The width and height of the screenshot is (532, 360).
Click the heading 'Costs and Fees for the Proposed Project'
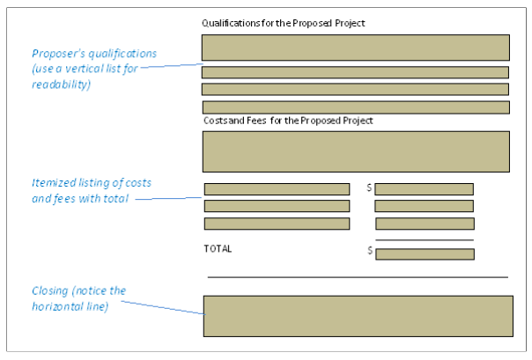[x=288, y=120]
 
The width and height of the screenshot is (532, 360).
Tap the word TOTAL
[x=218, y=249]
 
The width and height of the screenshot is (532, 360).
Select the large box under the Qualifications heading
[x=355, y=48]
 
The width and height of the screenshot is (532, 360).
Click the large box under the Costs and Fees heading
[x=355, y=151]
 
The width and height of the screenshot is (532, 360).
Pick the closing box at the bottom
[x=358, y=316]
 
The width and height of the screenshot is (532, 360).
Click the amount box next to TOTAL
[x=425, y=254]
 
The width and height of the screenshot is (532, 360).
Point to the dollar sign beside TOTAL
[x=369, y=251]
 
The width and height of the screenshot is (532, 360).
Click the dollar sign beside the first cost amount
[x=369, y=188]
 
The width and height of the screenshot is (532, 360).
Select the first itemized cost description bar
[x=277, y=189]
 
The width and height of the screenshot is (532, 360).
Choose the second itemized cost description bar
[x=277, y=206]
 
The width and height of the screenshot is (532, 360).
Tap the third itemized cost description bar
[x=277, y=224]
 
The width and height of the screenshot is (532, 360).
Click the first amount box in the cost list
[x=424, y=189]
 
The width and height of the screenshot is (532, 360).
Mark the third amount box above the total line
[x=424, y=224]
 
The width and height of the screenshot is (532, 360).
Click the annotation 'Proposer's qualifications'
[x=94, y=54]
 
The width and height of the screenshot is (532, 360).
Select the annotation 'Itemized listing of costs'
[x=92, y=182]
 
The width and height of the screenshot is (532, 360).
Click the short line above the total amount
[x=424, y=240]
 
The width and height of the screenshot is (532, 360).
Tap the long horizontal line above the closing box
[x=358, y=277]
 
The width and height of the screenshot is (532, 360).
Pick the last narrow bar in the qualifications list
[x=355, y=107]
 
